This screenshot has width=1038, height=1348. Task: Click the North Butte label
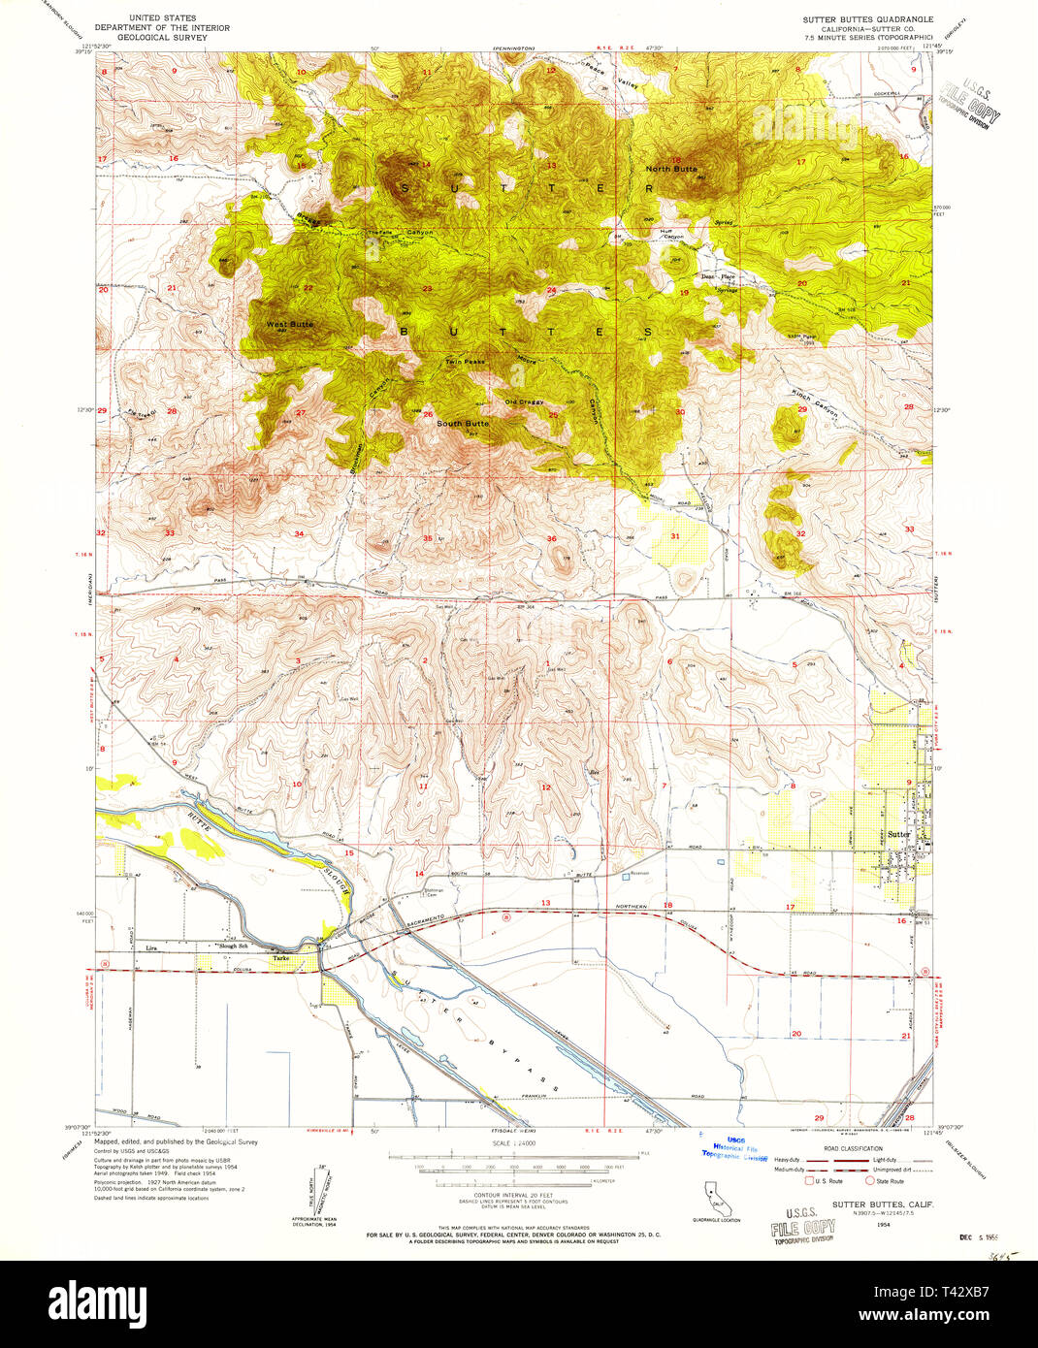pos(671,169)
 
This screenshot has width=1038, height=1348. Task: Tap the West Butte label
pos(290,324)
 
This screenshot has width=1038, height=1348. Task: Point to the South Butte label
pos(463,424)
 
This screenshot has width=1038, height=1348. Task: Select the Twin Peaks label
pos(465,362)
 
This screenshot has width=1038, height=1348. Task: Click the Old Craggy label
pos(524,401)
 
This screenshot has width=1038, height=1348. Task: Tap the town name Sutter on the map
pos(898,834)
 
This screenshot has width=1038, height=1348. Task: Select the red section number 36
pos(551,539)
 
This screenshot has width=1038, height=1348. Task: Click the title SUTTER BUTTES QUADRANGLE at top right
pos(867,19)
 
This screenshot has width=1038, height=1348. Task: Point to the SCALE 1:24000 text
pos(514,1144)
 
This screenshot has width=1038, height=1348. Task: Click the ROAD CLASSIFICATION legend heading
pos(853,1147)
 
